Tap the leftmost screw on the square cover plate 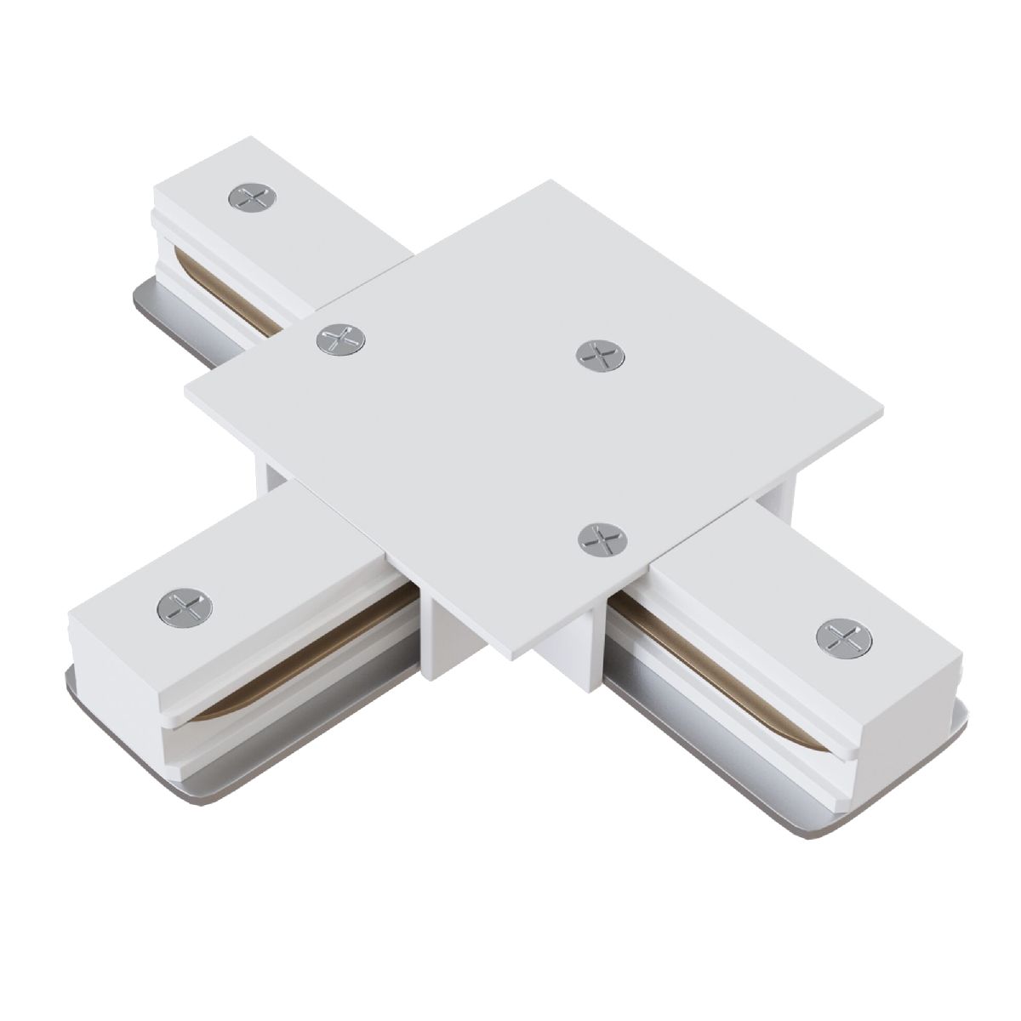[x=340, y=340]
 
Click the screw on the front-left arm [x=185, y=605]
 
